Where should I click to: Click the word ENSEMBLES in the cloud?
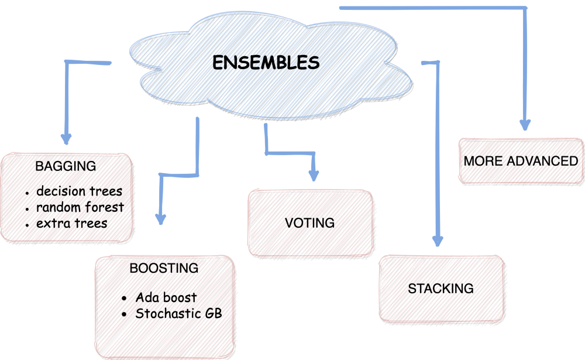click(x=266, y=63)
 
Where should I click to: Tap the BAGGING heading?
click(x=66, y=166)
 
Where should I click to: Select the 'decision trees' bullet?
click(x=79, y=191)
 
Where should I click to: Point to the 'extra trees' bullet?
click(x=71, y=223)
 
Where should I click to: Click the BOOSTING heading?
click(x=164, y=269)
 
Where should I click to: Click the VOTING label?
click(x=309, y=223)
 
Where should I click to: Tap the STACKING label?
click(x=441, y=289)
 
